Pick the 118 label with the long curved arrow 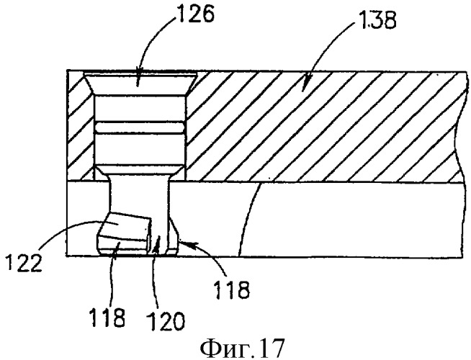[232, 289]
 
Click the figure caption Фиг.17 [242, 348]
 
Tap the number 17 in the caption [271, 348]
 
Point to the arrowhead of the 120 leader [158, 242]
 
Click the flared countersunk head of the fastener [140, 84]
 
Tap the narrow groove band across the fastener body [140, 127]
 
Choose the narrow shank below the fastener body [139, 207]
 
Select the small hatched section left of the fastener [81, 126]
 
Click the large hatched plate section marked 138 [324, 127]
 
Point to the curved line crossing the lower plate [248, 219]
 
